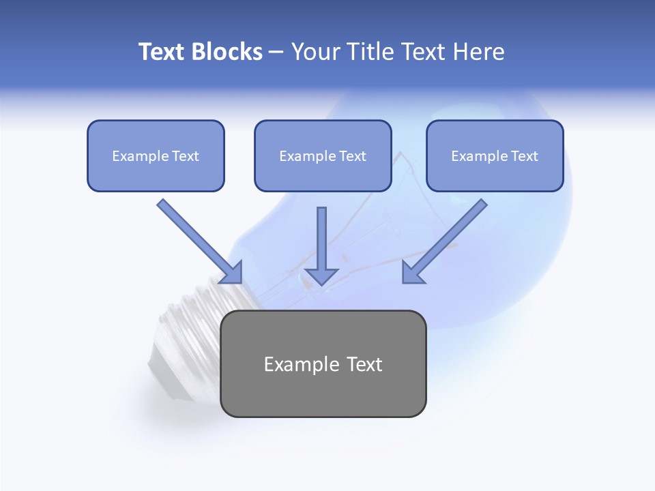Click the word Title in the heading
(x=368, y=52)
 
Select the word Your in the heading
(x=315, y=52)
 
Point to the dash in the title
(x=276, y=52)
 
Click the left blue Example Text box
(x=156, y=155)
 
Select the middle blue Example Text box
(x=323, y=155)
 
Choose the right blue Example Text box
(x=495, y=155)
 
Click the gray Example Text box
(x=323, y=363)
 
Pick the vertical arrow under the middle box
(x=322, y=239)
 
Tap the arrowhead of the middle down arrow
(x=322, y=276)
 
